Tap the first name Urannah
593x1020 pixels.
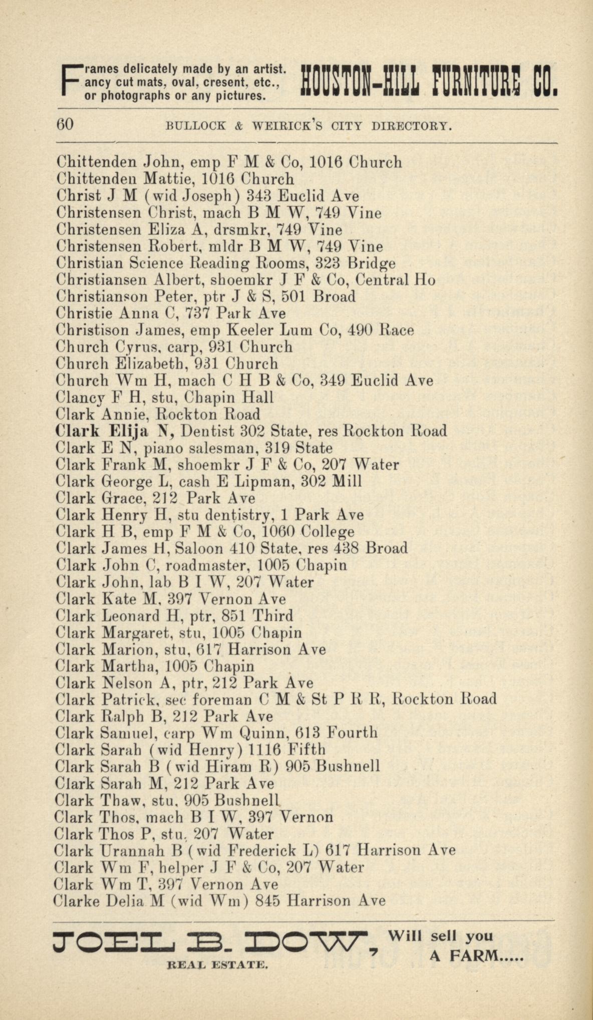click(133, 851)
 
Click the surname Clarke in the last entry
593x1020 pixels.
click(76, 901)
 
